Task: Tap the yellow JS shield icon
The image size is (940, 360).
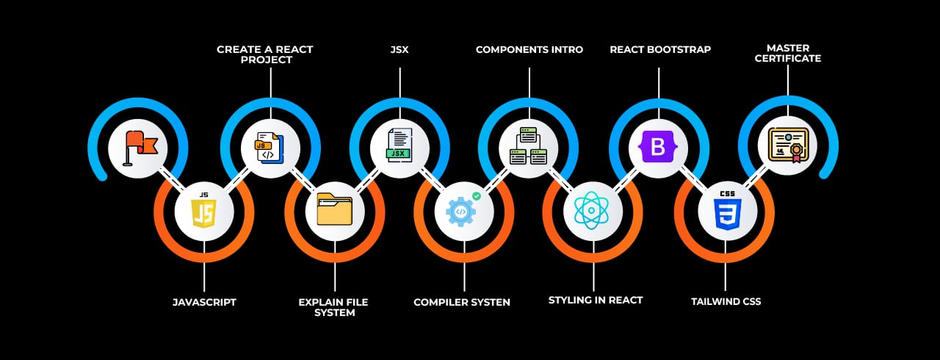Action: (x=203, y=212)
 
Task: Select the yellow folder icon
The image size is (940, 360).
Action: (x=334, y=212)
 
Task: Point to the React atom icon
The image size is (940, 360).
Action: (x=593, y=212)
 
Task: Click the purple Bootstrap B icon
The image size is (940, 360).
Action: (x=658, y=148)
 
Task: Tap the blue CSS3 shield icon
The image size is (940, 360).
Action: (x=726, y=212)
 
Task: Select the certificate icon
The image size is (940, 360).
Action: (x=787, y=145)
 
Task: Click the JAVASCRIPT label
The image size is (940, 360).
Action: (x=204, y=302)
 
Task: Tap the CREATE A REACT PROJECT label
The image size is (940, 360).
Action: (x=265, y=54)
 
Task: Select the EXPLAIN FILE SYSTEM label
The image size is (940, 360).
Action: (x=333, y=307)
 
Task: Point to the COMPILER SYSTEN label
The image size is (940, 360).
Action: (x=462, y=302)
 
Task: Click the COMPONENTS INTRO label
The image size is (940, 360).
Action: (x=529, y=50)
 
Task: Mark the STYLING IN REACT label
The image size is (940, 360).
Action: (x=596, y=300)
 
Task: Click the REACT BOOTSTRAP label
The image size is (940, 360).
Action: (x=660, y=50)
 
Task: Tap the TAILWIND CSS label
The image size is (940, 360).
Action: (x=726, y=301)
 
